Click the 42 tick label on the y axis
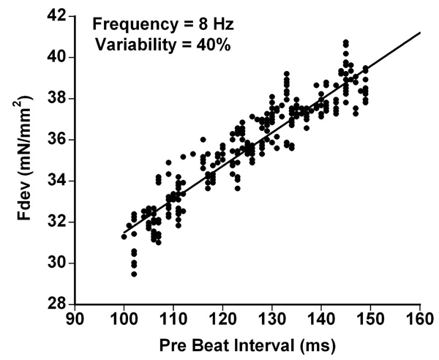tap(57, 16)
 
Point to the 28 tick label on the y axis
tap(57, 304)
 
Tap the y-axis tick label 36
tap(57, 140)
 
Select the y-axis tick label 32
tap(57, 222)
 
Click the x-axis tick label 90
tap(75, 319)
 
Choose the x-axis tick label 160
tap(420, 319)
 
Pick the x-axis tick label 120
tap(222, 319)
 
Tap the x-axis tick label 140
tap(321, 319)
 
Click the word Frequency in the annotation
tap(135, 25)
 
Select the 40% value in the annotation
tap(214, 45)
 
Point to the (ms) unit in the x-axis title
tap(318, 346)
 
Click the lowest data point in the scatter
tap(134, 274)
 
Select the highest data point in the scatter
tap(346, 42)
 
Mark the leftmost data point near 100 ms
tap(124, 236)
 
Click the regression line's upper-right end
tap(420, 32)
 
